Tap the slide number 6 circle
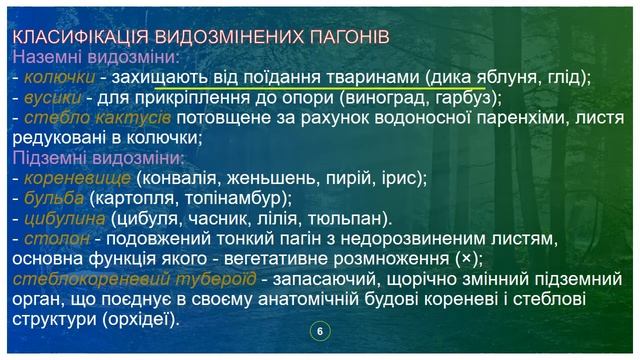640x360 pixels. (x=320, y=332)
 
